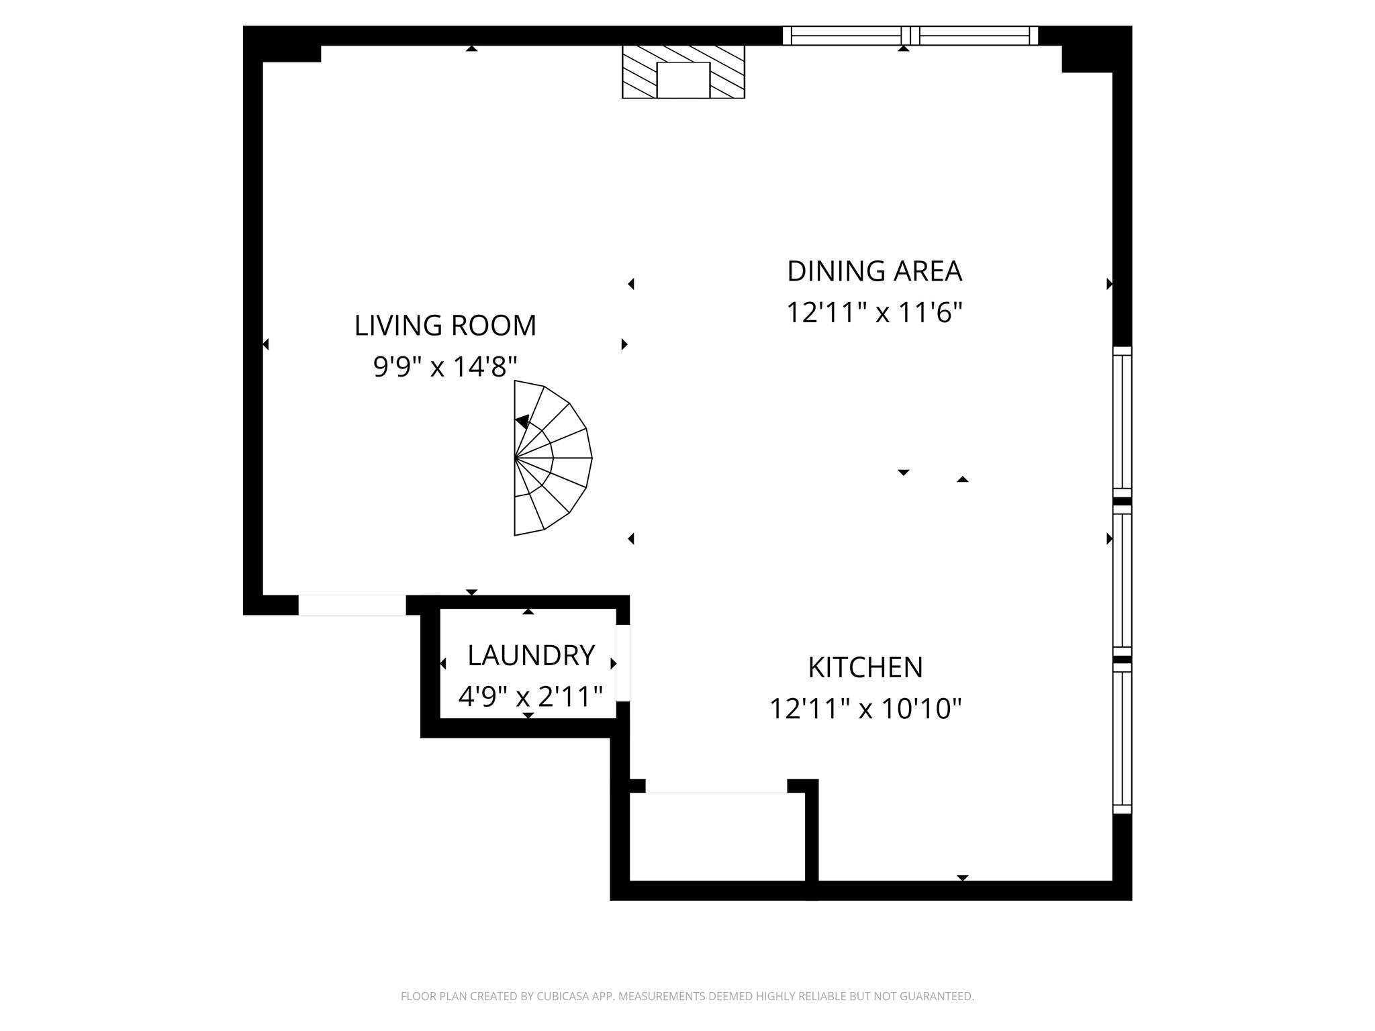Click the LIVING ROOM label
coord(445,326)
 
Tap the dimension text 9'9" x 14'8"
coord(445,367)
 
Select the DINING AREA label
coord(874,271)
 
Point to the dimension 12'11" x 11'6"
coord(874,313)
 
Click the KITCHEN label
coord(865,667)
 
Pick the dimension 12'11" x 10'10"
coord(865,709)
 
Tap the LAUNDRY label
coord(531,655)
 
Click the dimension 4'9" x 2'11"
coord(530,697)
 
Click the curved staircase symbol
coord(551,458)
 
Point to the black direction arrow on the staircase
coord(522,422)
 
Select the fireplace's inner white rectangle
coord(683,80)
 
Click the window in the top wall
coord(910,36)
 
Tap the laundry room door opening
coord(623,663)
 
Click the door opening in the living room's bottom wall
coord(352,605)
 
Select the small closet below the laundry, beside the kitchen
coord(716,836)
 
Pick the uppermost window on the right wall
coord(1122,422)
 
